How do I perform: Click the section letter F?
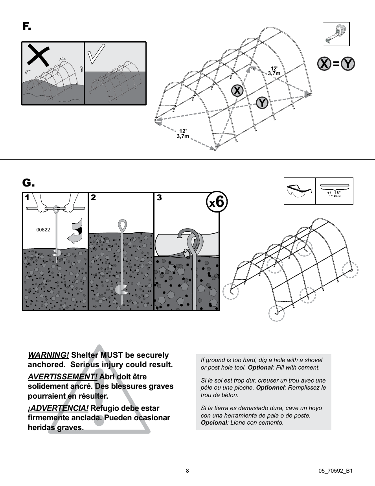click(26, 26)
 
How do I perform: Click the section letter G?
click(28, 183)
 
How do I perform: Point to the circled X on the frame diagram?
click(237, 91)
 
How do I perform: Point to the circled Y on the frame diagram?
click(262, 103)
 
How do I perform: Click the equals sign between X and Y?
click(336, 64)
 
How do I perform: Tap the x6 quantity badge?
click(217, 202)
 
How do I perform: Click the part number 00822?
click(43, 230)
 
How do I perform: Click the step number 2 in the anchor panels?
click(93, 198)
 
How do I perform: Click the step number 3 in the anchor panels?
click(159, 198)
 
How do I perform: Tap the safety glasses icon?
click(300, 191)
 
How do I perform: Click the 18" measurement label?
click(337, 193)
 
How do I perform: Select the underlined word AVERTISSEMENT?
click(62, 377)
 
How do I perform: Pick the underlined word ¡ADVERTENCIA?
click(58, 408)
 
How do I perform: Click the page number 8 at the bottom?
click(187, 471)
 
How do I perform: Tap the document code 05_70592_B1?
click(335, 471)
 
